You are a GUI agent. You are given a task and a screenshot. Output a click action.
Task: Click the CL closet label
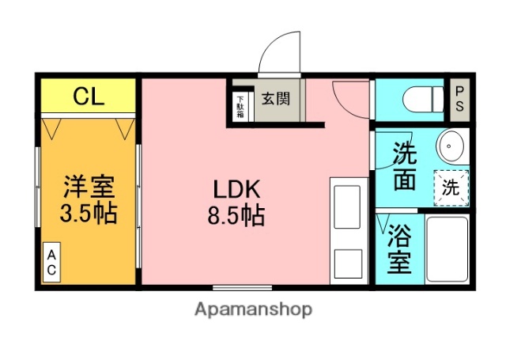tap(89, 97)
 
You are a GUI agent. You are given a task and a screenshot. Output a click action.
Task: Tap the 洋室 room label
tap(89, 188)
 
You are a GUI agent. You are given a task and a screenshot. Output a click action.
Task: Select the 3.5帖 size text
tap(89, 214)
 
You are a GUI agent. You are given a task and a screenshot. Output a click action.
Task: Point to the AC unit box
tap(51, 262)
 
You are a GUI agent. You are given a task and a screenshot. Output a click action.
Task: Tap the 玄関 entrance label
tap(276, 100)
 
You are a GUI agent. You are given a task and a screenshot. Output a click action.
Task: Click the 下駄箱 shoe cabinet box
tap(240, 106)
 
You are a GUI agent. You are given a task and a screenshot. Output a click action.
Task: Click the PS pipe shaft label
tap(459, 100)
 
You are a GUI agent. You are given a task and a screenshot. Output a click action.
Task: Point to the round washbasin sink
tap(451, 146)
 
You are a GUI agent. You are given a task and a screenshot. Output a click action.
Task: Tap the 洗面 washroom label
tap(403, 166)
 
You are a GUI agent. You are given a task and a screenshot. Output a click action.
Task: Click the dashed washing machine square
tap(451, 188)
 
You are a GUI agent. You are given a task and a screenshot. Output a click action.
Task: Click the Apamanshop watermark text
tap(253, 309)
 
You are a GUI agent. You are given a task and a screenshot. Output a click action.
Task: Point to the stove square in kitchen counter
tap(349, 261)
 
